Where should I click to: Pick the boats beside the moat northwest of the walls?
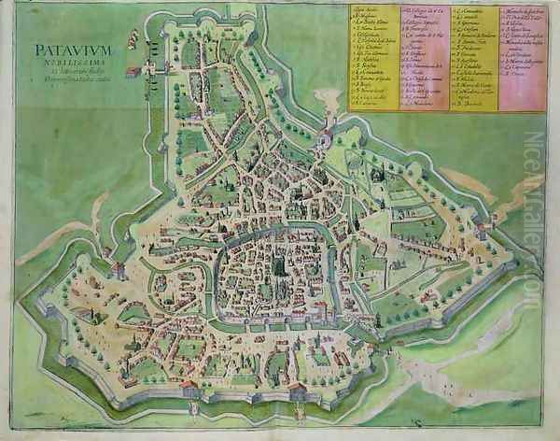[132, 38]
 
